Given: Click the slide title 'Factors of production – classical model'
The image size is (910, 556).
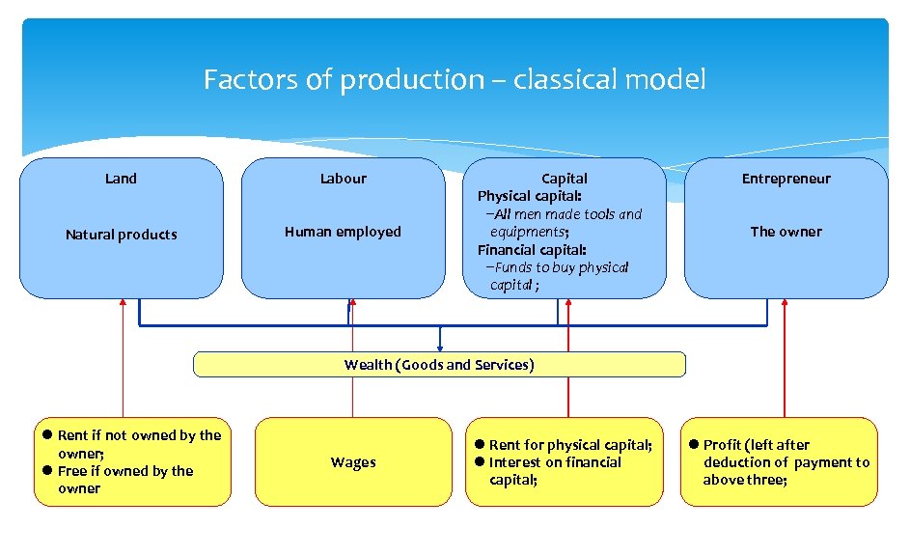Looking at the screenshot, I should (455, 79).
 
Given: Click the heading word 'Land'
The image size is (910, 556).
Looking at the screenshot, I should (121, 179).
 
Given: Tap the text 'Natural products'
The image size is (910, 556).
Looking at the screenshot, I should (121, 235).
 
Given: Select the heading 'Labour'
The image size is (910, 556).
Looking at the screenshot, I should (343, 179).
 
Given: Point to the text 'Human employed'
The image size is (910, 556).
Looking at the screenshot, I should (343, 232).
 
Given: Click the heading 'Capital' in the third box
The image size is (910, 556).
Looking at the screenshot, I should (564, 179).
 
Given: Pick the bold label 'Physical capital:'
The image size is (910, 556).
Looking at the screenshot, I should (530, 196).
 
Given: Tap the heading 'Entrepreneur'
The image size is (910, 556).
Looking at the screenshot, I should (786, 179).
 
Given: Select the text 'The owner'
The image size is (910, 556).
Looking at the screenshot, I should (786, 232).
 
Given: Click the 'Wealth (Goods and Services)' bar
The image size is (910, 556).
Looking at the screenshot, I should (439, 365).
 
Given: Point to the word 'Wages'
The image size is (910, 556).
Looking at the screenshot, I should (353, 462).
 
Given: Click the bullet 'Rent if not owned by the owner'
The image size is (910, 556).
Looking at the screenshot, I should (138, 444).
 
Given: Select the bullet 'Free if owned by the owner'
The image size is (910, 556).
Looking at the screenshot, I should (124, 480).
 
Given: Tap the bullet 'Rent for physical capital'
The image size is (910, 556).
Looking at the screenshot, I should (569, 445).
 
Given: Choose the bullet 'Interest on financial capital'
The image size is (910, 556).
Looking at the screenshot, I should (555, 471).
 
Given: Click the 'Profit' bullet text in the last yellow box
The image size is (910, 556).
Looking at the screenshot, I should (784, 462).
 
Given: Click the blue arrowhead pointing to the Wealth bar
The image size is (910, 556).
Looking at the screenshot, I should (440, 347).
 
